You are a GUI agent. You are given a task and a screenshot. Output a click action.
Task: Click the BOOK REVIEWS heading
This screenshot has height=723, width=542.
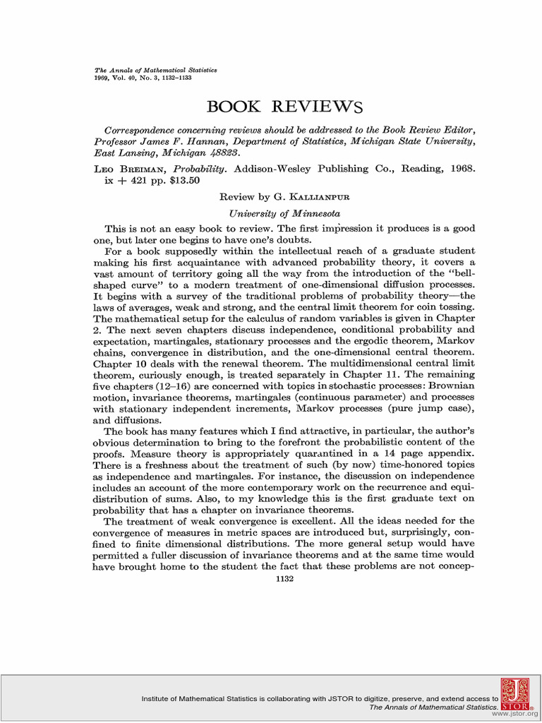pyautogui.click(x=284, y=107)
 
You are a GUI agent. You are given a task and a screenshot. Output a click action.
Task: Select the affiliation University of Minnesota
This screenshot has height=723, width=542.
pyautogui.click(x=284, y=213)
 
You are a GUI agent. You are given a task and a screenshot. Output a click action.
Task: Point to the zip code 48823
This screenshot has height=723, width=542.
pyautogui.click(x=219, y=152)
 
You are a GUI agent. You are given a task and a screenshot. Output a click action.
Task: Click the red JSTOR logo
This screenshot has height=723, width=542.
pyautogui.click(x=516, y=695)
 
